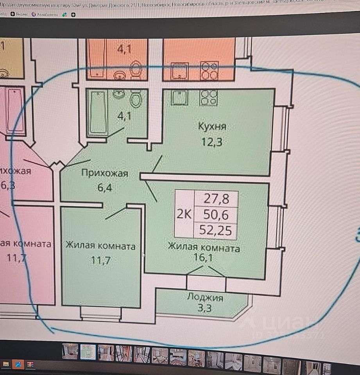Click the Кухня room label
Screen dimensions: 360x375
(212, 127)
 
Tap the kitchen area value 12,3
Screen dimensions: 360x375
(212, 142)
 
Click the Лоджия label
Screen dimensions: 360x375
(205, 298)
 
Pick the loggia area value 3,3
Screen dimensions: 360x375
(205, 311)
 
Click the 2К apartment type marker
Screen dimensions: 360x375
(184, 214)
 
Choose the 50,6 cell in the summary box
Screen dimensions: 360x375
(215, 214)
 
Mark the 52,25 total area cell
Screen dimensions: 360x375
(215, 230)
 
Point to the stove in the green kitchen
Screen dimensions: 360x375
(208, 98)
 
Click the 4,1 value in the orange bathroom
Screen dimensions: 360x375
(125, 50)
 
